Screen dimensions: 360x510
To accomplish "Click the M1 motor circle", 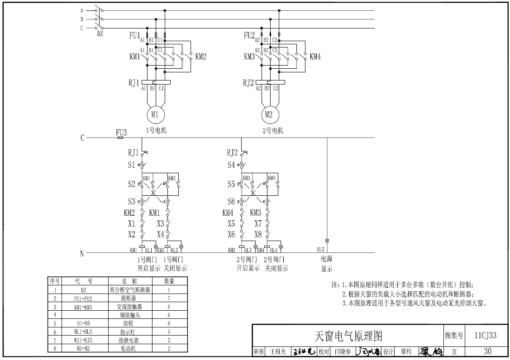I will [155, 115].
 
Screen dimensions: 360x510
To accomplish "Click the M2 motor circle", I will [268, 115].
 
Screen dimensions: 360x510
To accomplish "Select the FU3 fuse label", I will [121, 133].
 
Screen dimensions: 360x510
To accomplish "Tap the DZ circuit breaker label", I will [100, 33].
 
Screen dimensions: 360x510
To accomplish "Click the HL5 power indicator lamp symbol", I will [327, 241].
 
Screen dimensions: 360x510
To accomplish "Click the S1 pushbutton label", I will [131, 165].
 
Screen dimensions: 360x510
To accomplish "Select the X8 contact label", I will [258, 234].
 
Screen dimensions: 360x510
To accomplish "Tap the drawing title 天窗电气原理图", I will [348, 336].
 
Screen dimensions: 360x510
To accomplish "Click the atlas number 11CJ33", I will [486, 336].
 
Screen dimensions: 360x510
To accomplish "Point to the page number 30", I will [487, 351].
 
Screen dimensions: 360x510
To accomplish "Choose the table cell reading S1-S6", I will [84, 323].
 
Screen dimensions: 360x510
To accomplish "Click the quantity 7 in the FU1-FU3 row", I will [169, 298].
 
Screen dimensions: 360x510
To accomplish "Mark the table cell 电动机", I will [129, 348].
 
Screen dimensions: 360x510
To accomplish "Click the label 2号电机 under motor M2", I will [273, 131].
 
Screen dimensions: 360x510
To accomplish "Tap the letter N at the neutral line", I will [82, 253].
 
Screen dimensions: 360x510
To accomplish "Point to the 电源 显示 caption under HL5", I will [327, 264].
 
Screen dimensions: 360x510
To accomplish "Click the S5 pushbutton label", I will [231, 184].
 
